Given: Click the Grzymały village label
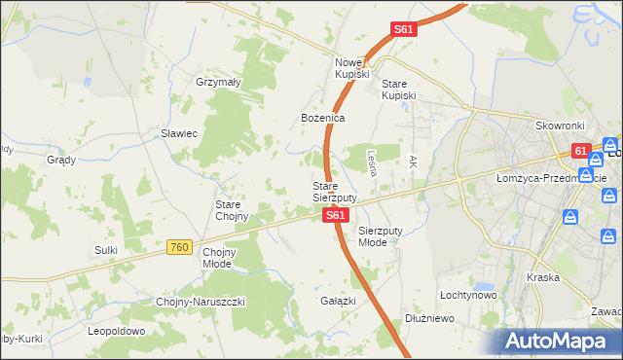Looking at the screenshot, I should (x=218, y=83).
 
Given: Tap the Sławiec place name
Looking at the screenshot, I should (x=179, y=133).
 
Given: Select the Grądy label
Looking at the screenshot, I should (x=61, y=159).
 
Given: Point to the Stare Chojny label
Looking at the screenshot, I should (x=234, y=210).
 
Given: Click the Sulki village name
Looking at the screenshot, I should (x=106, y=250).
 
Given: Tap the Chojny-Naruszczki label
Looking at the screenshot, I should (x=201, y=302).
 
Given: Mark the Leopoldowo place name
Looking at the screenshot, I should (x=116, y=331).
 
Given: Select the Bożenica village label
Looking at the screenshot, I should (x=322, y=118).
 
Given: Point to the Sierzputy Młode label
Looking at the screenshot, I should (x=386, y=236).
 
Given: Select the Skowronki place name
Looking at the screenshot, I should (x=559, y=126).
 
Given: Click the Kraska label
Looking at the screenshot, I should (x=542, y=277).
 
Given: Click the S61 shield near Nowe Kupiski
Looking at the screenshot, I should (x=404, y=30).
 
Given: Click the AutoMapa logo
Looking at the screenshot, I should (x=555, y=341).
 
